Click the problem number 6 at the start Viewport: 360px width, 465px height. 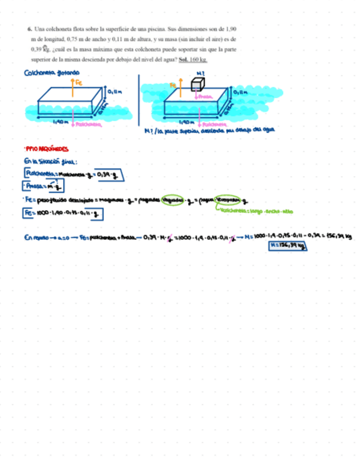tap(29, 27)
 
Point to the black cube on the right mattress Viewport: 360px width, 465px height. tap(198, 84)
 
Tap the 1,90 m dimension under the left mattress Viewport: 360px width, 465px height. tap(60, 122)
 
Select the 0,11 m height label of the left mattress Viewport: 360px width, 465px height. tap(115, 92)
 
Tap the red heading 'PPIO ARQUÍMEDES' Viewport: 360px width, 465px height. tap(47, 149)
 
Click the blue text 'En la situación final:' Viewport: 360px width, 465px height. tap(50, 161)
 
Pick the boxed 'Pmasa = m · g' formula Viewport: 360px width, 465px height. tap(45, 186)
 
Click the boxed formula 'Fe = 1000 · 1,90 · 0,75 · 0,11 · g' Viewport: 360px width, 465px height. tap(63, 214)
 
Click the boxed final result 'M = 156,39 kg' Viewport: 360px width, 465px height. tap(287, 246)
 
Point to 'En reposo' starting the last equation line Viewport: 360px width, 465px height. tap(35, 237)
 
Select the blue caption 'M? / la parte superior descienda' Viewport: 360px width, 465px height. tap(209, 130)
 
